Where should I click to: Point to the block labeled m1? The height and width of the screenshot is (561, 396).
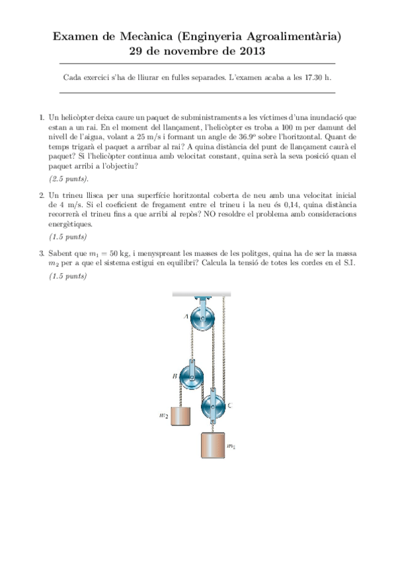(212, 445)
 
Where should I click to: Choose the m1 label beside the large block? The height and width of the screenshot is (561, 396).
(231, 447)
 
